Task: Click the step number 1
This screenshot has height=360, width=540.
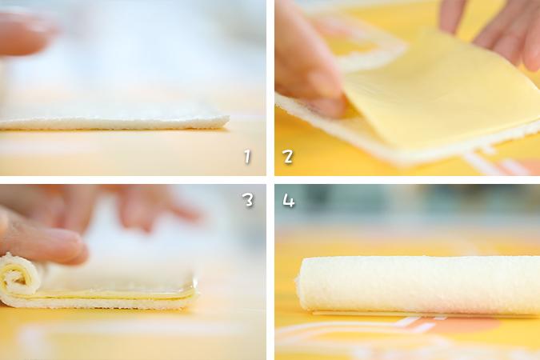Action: click(x=247, y=157)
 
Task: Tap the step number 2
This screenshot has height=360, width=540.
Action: click(x=288, y=157)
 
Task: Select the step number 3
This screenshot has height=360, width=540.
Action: click(x=248, y=200)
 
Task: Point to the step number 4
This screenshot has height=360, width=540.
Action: click(x=289, y=200)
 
